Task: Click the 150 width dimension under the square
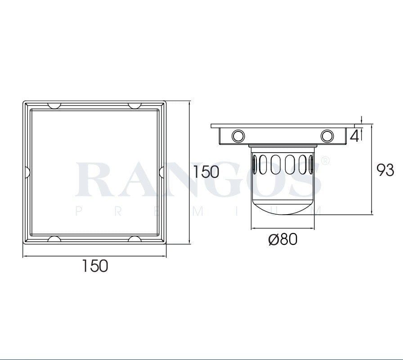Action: click(x=95, y=265)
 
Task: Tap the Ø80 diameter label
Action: click(x=282, y=239)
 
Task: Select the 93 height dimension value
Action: click(x=385, y=170)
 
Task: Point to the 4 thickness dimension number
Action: click(x=354, y=135)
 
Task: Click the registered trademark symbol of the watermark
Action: click(x=327, y=160)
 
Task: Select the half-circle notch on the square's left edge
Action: click(x=26, y=171)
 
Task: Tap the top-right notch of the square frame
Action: click(x=134, y=106)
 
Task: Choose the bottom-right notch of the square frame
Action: click(x=134, y=238)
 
